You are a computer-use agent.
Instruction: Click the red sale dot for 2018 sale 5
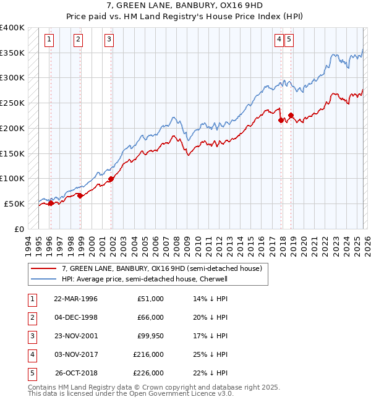pyautogui.click(x=291, y=115)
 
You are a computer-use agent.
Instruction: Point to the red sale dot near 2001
pyautogui.click(x=111, y=179)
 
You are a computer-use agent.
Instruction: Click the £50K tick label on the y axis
pyautogui.click(x=15, y=203)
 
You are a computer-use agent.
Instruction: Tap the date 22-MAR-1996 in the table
pyautogui.click(x=75, y=299)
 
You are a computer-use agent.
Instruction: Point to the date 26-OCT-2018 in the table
pyautogui.click(x=75, y=373)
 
